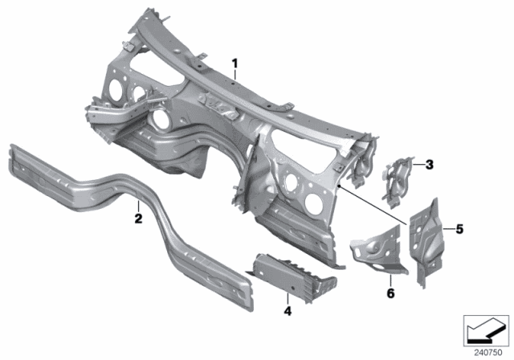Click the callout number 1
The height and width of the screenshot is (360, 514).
click(235, 63)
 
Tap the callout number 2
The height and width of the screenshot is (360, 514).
click(137, 217)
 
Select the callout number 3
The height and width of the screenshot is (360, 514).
click(429, 166)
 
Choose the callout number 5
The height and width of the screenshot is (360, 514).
click(459, 229)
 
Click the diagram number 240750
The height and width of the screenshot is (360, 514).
click(484, 352)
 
